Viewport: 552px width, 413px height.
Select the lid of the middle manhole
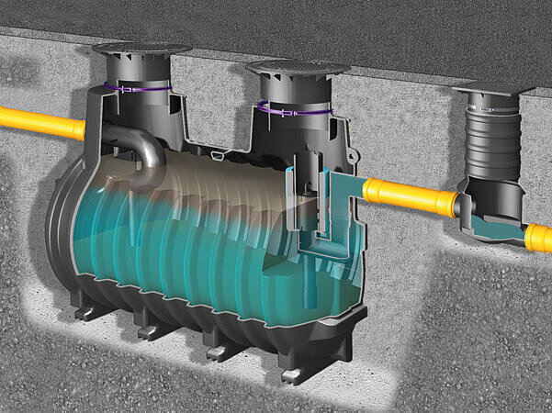coord(298,68)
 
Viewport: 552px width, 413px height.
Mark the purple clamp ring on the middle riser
coord(294,109)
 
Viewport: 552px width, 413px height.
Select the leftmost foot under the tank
coord(84,313)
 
